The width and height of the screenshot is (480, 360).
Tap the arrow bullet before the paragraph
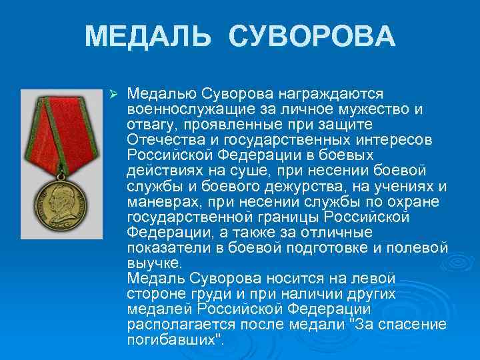pos(113,91)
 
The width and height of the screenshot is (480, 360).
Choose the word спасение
pos(411,325)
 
